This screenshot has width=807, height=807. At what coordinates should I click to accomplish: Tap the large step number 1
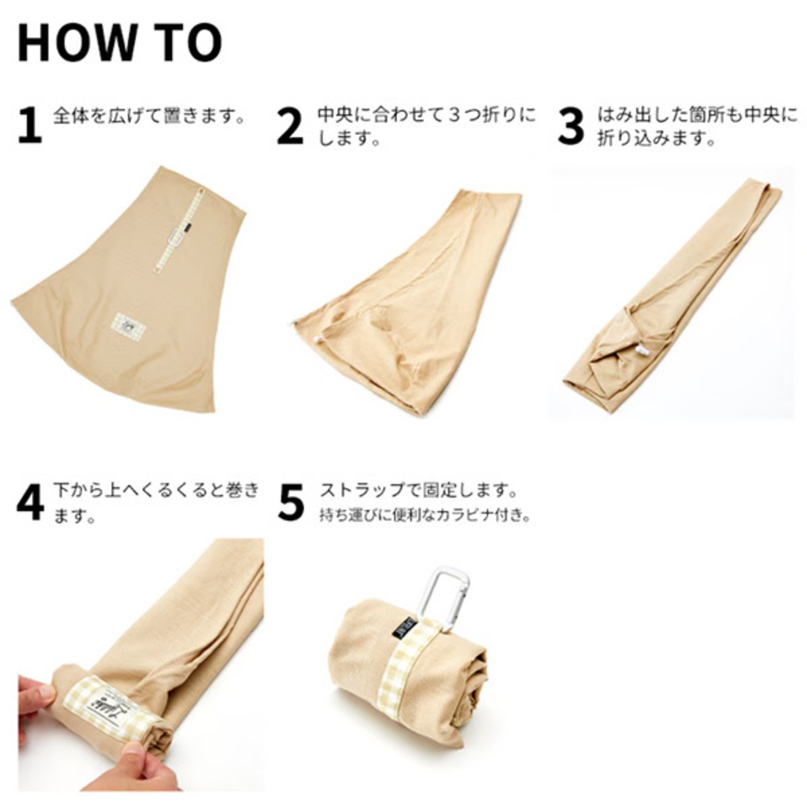pos(30,125)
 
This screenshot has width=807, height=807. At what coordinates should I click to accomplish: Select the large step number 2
pos(290,125)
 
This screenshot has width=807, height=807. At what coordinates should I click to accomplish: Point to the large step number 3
pos(571,125)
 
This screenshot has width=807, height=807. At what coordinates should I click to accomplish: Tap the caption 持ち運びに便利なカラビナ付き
pos(425,514)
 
